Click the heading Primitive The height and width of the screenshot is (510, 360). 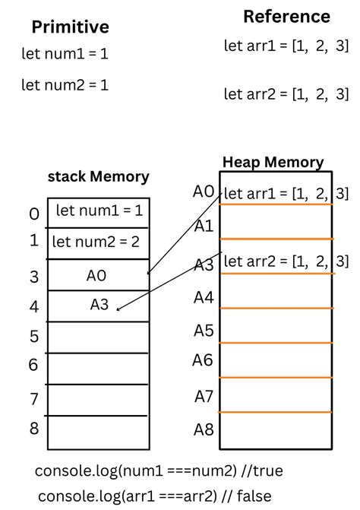coord(70,27)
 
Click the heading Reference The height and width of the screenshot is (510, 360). coord(286,17)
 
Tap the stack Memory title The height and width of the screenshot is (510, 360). coord(99,177)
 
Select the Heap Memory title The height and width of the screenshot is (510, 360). coord(273,162)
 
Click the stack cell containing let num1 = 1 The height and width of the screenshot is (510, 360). coord(99,211)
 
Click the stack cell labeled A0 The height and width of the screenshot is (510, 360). coord(97,276)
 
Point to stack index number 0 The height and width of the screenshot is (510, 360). coord(33,214)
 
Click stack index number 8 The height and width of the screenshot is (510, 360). coord(33,429)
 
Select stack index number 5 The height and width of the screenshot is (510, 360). coord(33,336)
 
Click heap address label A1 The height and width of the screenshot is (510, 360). coord(204,226)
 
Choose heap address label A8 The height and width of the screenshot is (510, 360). coord(204,429)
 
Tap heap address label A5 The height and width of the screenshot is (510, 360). coord(204,331)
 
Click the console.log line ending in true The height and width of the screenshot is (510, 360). coord(159,471)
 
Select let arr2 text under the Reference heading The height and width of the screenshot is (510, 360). coord(286,94)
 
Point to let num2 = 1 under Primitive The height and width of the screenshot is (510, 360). coord(65,85)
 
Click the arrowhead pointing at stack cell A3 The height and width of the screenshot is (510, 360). coord(119,309)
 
